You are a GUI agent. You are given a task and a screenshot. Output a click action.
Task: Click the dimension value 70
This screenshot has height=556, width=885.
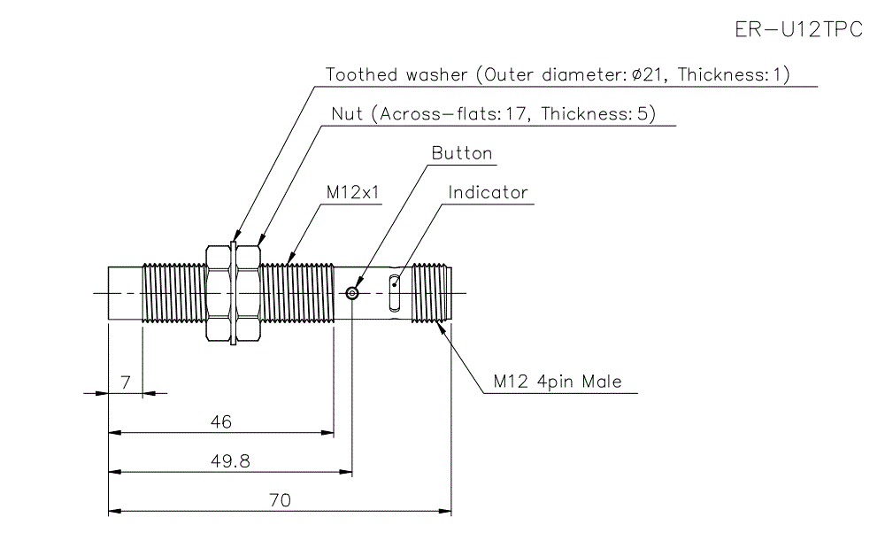pyautogui.click(x=280, y=500)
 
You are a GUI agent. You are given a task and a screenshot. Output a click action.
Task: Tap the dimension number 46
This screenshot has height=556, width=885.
pyautogui.click(x=221, y=422)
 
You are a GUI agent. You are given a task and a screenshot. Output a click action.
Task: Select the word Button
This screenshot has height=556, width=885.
pyautogui.click(x=461, y=153)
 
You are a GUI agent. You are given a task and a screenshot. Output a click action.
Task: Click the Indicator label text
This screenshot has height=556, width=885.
pyautogui.click(x=488, y=192)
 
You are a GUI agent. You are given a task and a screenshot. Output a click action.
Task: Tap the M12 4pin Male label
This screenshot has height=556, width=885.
pyautogui.click(x=558, y=382)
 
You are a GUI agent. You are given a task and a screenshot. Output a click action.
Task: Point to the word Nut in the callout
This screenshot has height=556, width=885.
pyautogui.click(x=346, y=114)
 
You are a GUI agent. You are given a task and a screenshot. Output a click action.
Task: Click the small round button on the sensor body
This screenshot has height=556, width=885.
pyautogui.click(x=353, y=293)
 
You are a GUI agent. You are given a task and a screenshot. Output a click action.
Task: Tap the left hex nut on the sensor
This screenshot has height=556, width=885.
pyautogui.click(x=218, y=293)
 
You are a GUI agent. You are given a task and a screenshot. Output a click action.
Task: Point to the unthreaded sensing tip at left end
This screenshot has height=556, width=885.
pyautogui.click(x=125, y=293)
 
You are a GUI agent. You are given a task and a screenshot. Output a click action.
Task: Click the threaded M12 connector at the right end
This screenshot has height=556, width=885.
pyautogui.click(x=434, y=293)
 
